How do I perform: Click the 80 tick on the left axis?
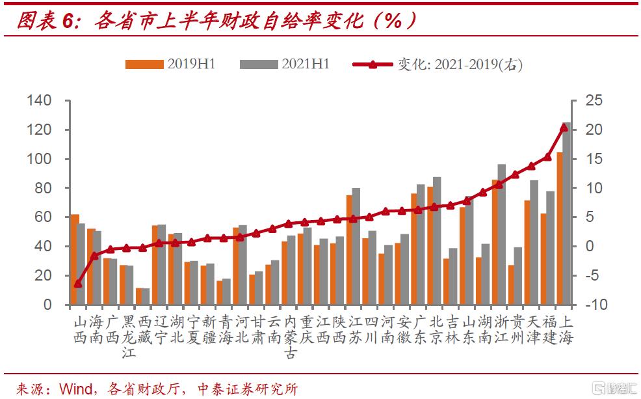point(43,188)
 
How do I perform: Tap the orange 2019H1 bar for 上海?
point(560,228)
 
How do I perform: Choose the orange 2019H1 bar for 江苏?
point(349,250)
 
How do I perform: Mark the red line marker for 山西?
point(78,284)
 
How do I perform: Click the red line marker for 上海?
point(564,128)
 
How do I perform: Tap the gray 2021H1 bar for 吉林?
point(453,276)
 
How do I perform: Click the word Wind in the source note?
point(78,389)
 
